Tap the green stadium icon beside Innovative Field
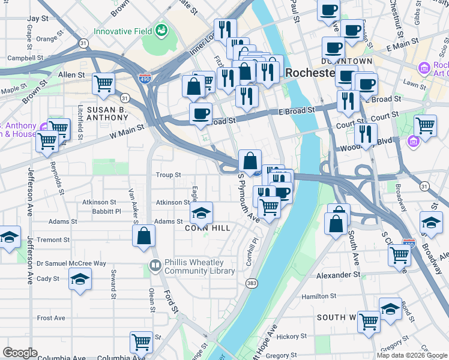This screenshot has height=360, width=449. click(161, 29)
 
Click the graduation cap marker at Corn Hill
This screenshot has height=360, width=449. click(201, 212)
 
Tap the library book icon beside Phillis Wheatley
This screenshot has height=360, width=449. click(155, 265)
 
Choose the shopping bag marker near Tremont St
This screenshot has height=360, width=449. click(144, 235)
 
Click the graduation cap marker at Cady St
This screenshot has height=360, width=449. click(80, 280)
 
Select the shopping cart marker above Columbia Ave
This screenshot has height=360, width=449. click(141, 342)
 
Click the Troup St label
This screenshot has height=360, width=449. click(169, 175)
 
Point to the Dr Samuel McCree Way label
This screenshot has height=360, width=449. click(71, 263)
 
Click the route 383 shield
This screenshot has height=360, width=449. click(252, 282)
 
